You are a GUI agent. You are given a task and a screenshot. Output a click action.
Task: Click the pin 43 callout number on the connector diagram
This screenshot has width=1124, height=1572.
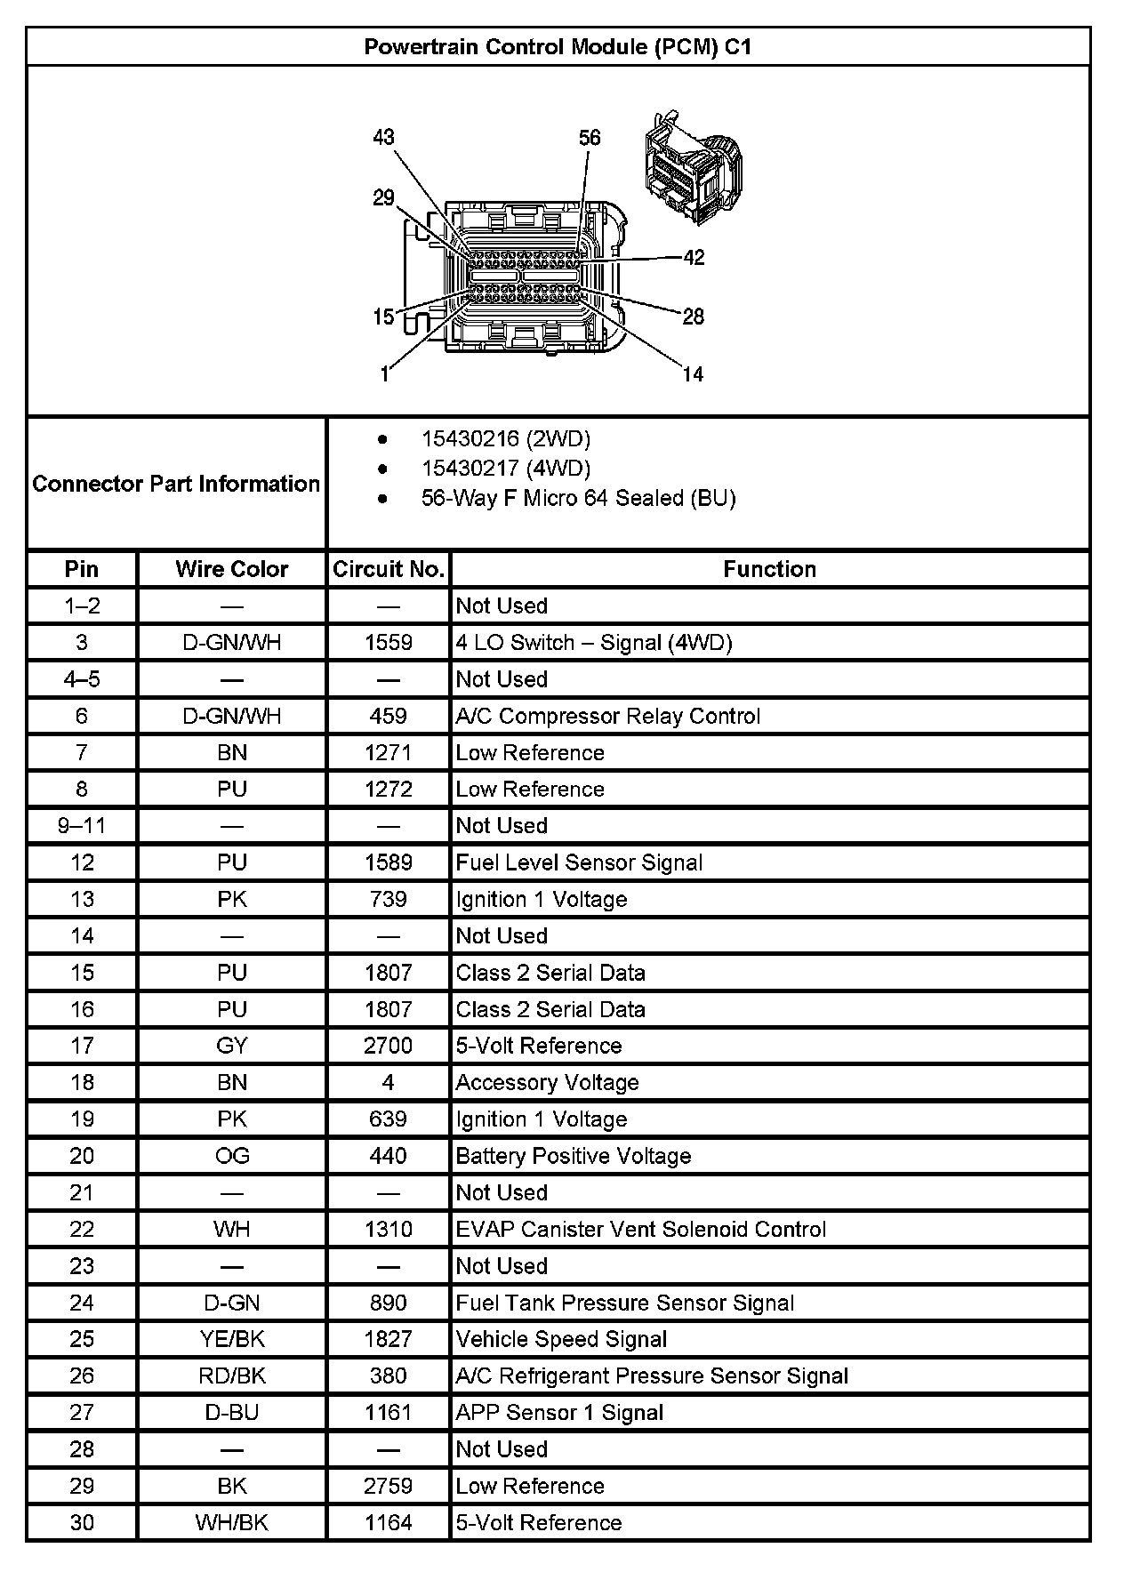click(383, 137)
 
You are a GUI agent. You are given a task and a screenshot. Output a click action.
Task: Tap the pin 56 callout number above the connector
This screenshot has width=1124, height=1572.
click(590, 138)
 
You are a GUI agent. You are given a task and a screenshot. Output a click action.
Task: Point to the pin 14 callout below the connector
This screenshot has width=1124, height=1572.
click(693, 374)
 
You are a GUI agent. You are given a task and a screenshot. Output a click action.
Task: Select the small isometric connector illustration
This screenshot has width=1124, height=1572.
click(691, 164)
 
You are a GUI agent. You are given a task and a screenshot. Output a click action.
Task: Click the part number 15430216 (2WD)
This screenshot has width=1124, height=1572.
click(505, 438)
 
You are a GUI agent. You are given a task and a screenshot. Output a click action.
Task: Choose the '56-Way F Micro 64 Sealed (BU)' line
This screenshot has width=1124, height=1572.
click(578, 498)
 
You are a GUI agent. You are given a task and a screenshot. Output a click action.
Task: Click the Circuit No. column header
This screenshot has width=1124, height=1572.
click(389, 569)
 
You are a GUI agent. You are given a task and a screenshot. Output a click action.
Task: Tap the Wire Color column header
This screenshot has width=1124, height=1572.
click(232, 569)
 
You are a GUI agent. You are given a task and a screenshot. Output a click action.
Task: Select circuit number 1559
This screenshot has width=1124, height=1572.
click(389, 643)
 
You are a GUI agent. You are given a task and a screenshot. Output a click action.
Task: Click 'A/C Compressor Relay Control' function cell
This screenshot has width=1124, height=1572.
click(608, 716)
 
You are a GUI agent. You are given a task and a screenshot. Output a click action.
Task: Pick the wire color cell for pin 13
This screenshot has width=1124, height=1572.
click(232, 899)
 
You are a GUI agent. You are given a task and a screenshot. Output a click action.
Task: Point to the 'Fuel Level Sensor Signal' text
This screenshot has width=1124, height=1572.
click(579, 862)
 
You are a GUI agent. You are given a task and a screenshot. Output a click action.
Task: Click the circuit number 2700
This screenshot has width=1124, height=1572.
click(389, 1046)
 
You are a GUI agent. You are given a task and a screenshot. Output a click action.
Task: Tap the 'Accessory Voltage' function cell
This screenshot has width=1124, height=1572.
click(547, 1082)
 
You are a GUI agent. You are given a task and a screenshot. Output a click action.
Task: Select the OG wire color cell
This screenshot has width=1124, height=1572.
click(232, 1156)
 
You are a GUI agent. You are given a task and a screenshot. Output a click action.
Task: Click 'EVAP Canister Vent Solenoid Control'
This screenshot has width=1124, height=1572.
click(640, 1229)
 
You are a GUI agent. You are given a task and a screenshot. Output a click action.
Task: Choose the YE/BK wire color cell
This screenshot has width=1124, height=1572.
click(232, 1339)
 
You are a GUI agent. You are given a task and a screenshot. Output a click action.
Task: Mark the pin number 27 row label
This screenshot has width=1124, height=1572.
click(82, 1412)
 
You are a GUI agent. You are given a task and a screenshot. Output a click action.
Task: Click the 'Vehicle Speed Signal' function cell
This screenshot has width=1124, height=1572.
click(561, 1339)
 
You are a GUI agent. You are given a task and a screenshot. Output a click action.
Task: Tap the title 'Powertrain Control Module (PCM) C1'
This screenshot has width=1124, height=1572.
click(558, 47)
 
